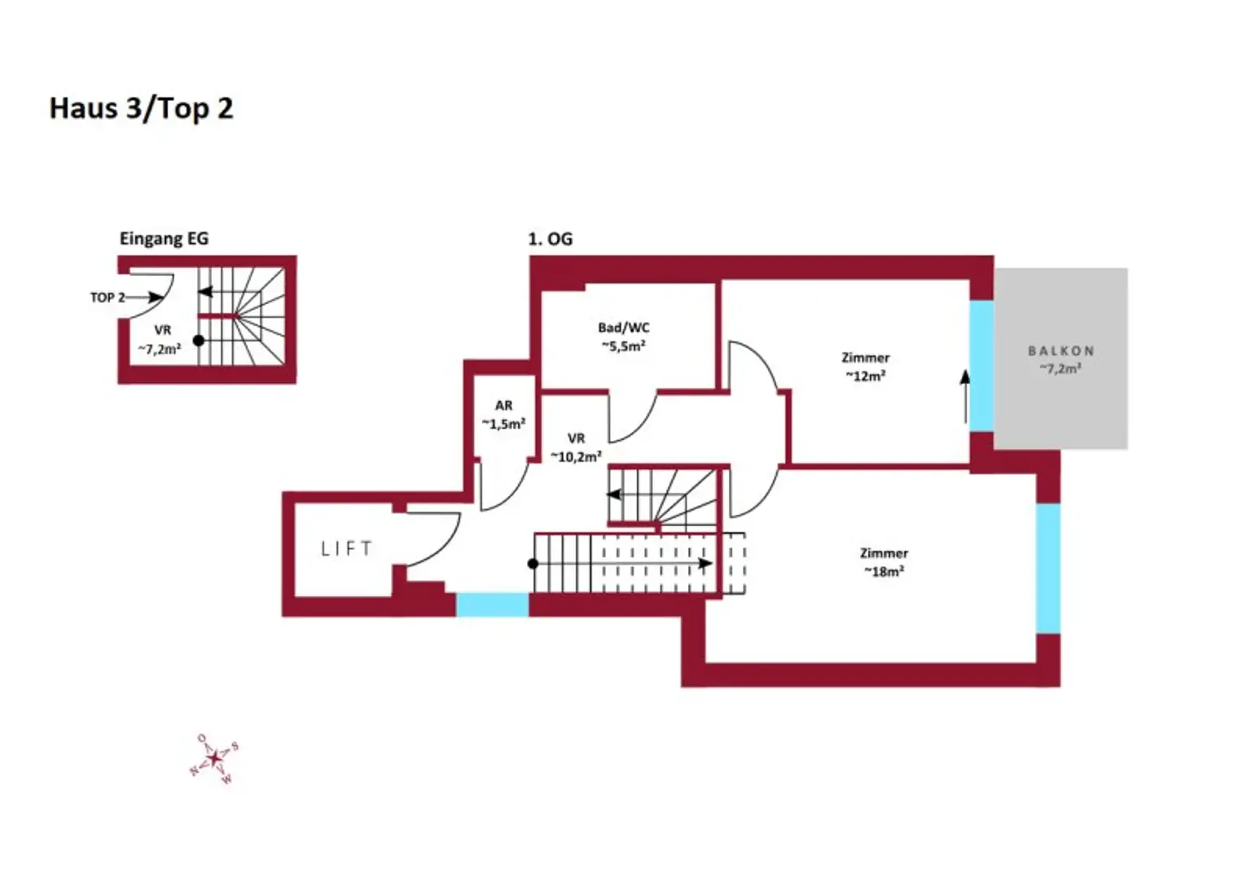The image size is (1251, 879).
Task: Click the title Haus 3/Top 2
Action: tap(141, 108)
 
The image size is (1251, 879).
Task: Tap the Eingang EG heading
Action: tap(164, 239)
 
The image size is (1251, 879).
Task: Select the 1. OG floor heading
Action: tap(550, 239)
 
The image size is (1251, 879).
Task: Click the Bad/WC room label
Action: tap(623, 327)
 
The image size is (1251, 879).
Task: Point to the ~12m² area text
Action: tap(865, 376)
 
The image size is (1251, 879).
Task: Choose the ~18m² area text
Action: tap(884, 571)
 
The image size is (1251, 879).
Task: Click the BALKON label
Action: tap(1060, 350)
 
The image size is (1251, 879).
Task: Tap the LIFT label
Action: tap(347, 548)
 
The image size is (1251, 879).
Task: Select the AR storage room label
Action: tap(503, 405)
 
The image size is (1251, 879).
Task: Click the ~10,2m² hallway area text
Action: tap(576, 456)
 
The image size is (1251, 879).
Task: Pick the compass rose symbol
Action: tap(214, 758)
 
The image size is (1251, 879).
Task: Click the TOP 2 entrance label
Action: tap(107, 297)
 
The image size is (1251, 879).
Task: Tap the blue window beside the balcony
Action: tap(981, 366)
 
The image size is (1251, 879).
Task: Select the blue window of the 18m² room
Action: tap(1047, 568)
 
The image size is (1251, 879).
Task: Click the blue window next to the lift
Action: tap(492, 604)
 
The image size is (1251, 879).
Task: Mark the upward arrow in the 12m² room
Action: tap(965, 397)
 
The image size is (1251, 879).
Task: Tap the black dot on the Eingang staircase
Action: tap(199, 341)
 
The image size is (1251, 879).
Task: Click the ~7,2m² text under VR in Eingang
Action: tap(159, 349)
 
